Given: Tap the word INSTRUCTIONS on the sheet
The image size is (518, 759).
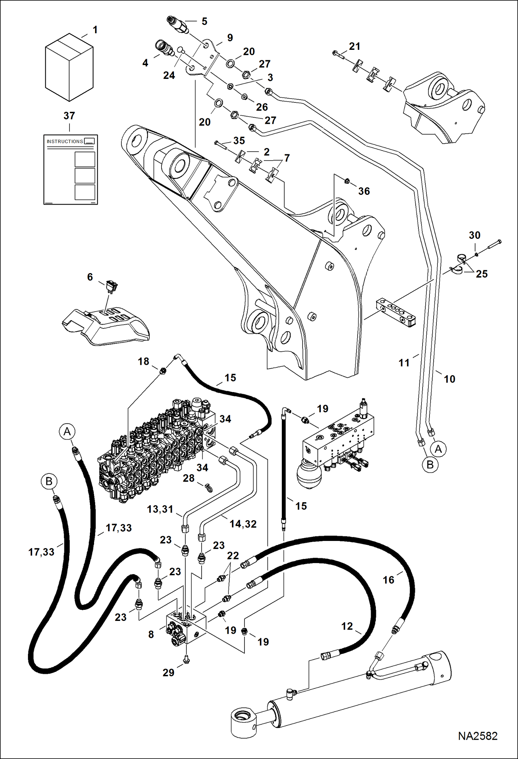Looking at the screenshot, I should [65, 141].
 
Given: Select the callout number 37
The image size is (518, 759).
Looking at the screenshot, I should [69, 116].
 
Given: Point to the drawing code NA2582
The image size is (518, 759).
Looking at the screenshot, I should [478, 736].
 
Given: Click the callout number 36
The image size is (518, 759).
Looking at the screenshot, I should [364, 191].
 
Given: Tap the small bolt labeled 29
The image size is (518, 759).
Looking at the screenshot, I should [186, 660].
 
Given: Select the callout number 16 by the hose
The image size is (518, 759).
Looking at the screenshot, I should [388, 580].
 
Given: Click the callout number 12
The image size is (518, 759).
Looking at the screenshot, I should [347, 626].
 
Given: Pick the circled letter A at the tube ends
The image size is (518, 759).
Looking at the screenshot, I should [438, 449].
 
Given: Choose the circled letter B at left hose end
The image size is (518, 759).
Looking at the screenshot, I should [49, 481].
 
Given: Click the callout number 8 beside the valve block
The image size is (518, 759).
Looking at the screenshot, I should [151, 634].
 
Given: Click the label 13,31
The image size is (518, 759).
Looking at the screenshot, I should [160, 509].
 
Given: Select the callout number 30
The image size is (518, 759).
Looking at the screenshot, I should [474, 235].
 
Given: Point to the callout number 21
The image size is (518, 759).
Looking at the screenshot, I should [354, 46].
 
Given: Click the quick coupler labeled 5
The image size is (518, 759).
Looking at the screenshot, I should [177, 25].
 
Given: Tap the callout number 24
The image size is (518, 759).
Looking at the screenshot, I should [169, 75].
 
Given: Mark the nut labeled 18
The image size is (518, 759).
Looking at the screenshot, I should [163, 371].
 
